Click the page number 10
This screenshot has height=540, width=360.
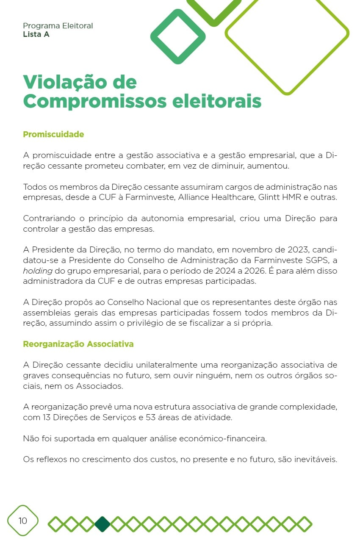[22, 521]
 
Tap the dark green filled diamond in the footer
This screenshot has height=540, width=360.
[102, 524]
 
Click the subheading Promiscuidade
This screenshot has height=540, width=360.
[53, 134]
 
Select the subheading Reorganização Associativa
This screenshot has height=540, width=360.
[78, 344]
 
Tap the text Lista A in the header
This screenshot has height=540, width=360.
[36, 34]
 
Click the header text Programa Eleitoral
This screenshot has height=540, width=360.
[58, 26]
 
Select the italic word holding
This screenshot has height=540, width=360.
[38, 271]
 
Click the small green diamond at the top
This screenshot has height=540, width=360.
[178, 36]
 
